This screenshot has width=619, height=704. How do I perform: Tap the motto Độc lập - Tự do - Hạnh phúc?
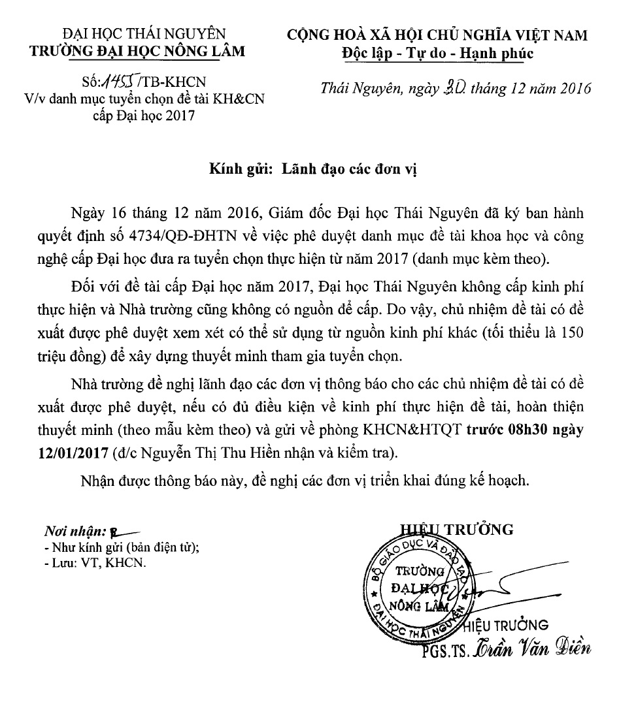(x=438, y=53)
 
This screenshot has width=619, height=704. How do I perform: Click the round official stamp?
(x=416, y=586)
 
